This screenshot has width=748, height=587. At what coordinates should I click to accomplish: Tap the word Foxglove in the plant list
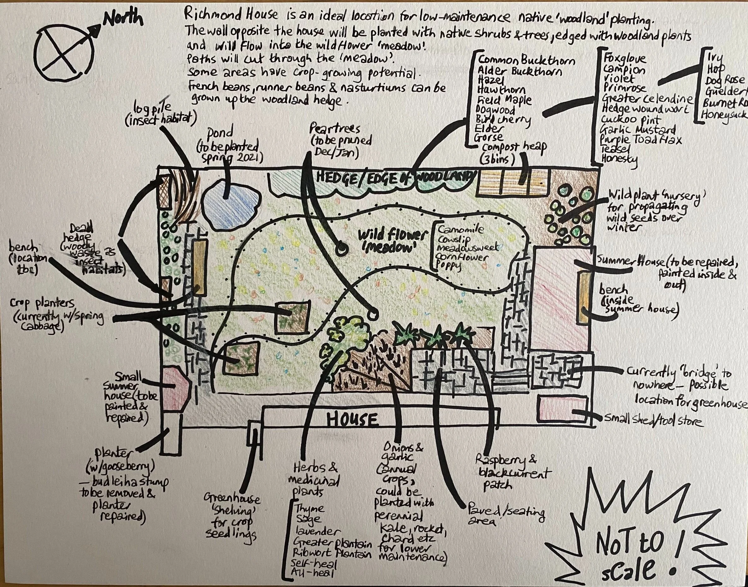point(625,58)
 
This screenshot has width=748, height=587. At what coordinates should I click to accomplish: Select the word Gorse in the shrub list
point(488,137)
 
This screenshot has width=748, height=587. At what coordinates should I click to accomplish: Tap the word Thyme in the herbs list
point(309,508)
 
